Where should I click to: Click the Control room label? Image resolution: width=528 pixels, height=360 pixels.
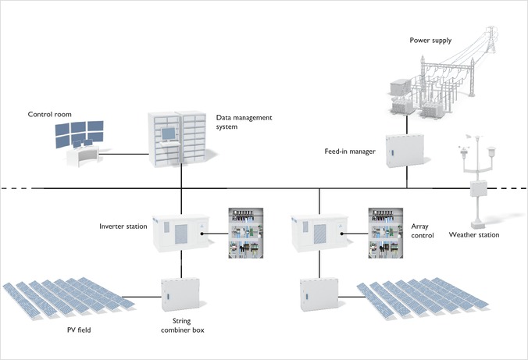[x=49, y=115]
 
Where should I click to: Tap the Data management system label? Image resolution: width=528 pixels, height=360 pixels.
[x=244, y=122]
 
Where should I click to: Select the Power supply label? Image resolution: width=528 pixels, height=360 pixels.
[x=430, y=41]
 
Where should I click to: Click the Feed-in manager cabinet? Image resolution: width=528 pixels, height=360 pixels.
[x=405, y=151]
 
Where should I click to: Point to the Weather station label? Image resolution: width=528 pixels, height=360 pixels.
[x=474, y=235]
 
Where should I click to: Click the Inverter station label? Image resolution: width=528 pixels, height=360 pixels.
[x=123, y=226]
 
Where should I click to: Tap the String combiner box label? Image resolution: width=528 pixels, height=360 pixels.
[x=182, y=326]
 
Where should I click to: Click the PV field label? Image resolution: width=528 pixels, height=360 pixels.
[x=79, y=330]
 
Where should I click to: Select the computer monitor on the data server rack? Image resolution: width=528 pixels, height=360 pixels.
[x=169, y=134]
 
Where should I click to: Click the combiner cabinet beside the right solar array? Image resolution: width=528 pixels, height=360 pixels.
[x=319, y=294]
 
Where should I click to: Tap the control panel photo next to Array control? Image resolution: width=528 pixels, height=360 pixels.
[x=386, y=233]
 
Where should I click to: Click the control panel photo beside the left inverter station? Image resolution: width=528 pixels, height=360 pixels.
[x=246, y=233]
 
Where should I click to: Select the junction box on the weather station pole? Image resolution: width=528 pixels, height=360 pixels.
[x=479, y=188]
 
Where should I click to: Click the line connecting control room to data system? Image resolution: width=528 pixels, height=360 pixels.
[x=123, y=155]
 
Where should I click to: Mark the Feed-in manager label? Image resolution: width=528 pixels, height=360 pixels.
[x=350, y=151]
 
